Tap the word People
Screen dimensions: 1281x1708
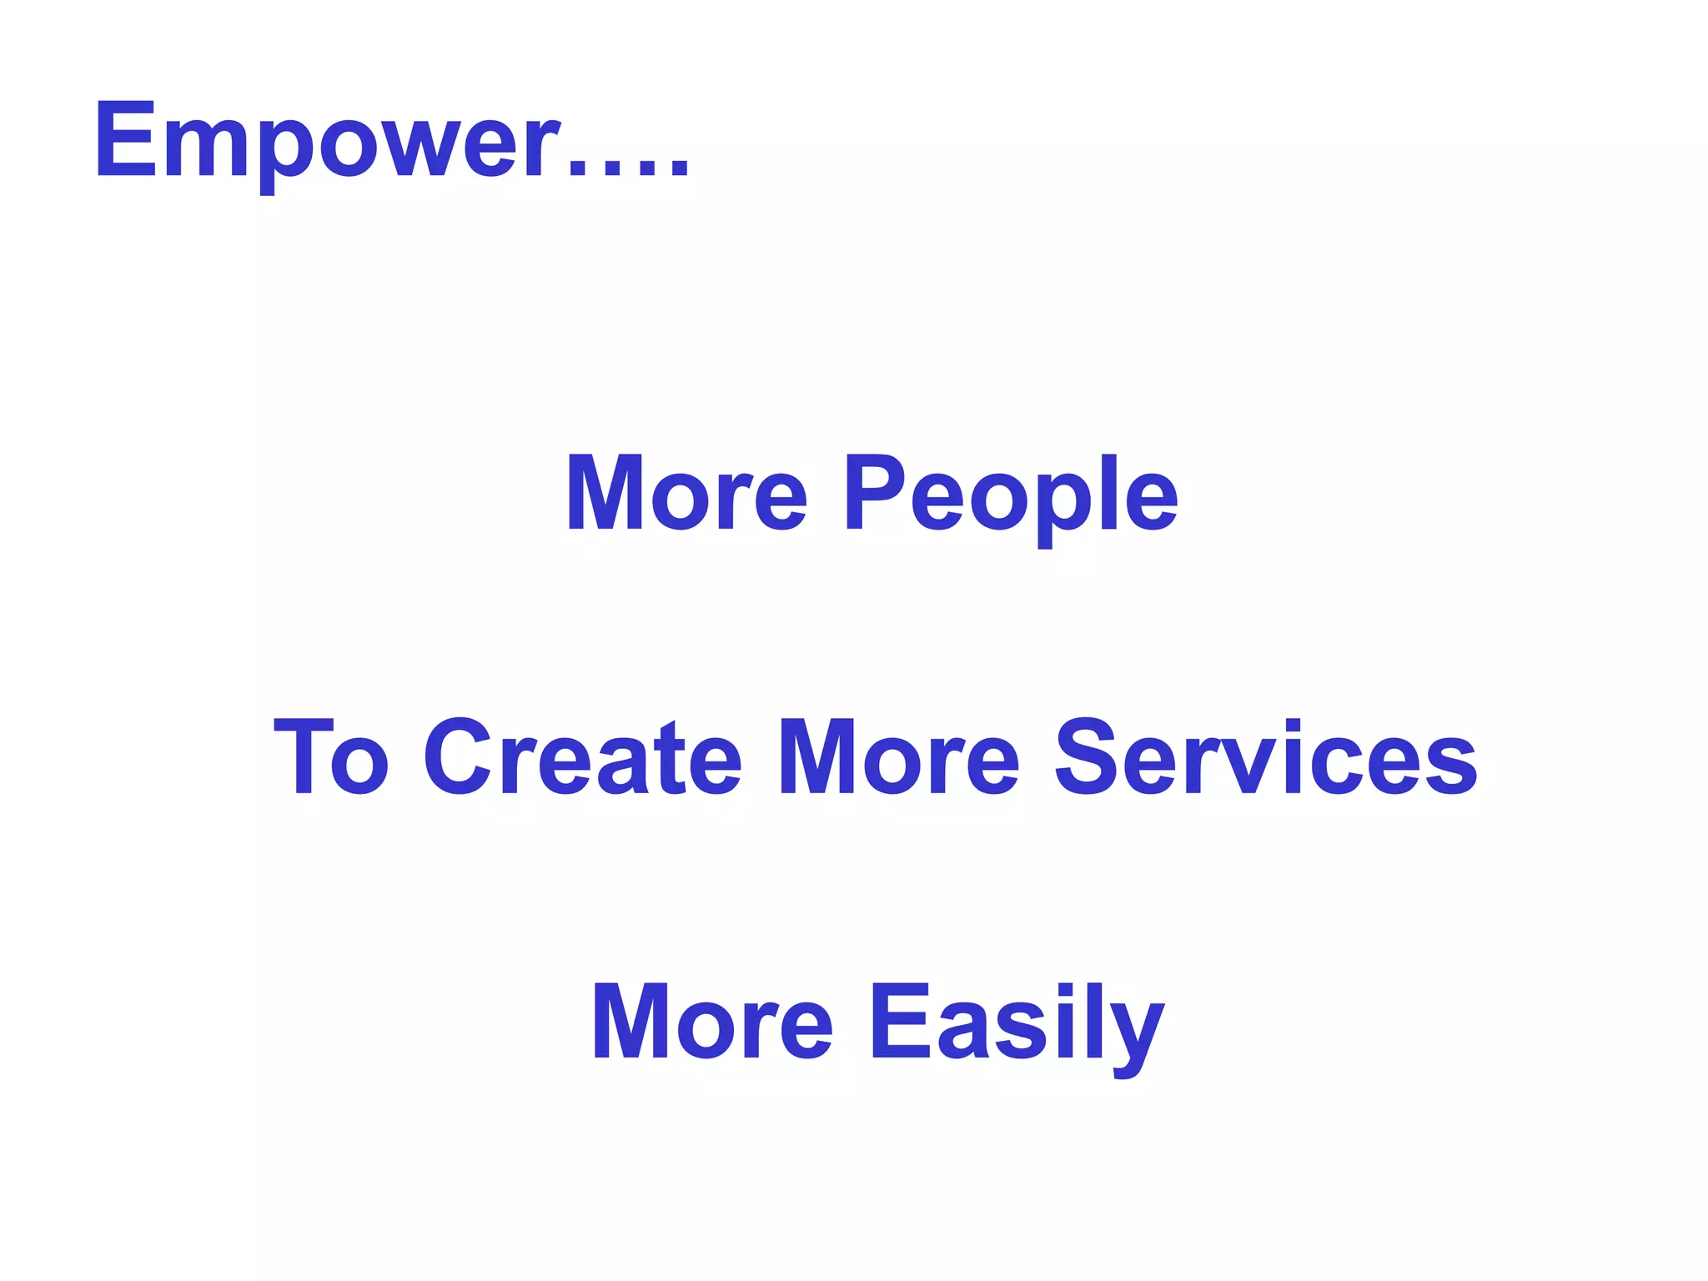tap(1011, 494)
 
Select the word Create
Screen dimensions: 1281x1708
tap(582, 757)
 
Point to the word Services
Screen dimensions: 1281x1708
tap(1265, 757)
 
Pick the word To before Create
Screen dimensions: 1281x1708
tap(331, 757)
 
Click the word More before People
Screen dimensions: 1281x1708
tap(686, 494)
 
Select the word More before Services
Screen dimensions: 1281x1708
tap(897, 757)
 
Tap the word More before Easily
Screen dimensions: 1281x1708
tap(711, 1022)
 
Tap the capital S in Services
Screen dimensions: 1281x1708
tap(1087, 757)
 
